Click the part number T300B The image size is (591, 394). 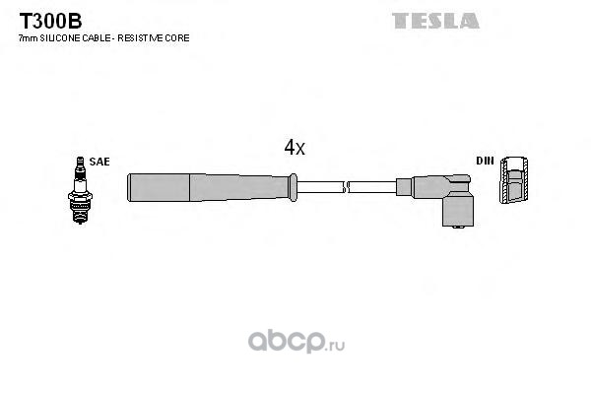[x=50, y=21]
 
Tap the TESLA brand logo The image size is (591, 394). [x=435, y=21]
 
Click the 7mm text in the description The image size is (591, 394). [x=29, y=38]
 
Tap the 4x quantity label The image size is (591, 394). [x=295, y=148]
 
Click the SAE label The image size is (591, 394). [x=99, y=162]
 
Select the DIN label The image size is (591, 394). [x=485, y=161]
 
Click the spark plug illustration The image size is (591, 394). [x=80, y=190]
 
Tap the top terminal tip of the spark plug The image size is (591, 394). [x=80, y=159]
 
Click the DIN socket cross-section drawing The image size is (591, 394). [x=513, y=179]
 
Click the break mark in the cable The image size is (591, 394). [x=346, y=187]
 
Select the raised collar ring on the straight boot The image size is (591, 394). [x=293, y=187]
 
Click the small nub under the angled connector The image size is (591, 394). [x=458, y=228]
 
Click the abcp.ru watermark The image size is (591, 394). [x=296, y=341]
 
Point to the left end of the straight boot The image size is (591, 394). [x=128, y=187]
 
